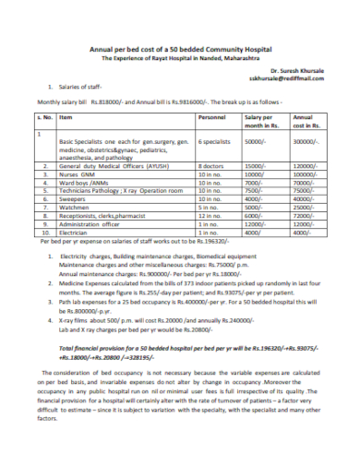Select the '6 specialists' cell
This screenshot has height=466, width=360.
(215, 143)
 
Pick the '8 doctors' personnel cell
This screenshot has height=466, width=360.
(211, 164)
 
